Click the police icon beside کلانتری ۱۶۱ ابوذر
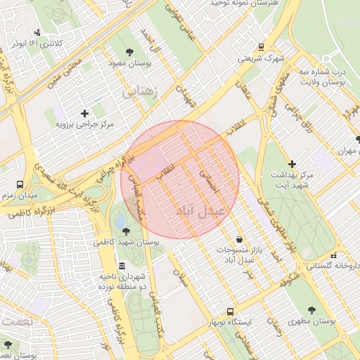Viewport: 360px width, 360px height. tap(37, 32)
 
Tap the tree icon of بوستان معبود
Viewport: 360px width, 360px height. tap(129, 52)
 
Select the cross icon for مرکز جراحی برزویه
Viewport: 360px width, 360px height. tap(85, 112)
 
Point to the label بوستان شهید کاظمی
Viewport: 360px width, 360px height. tap(127, 242)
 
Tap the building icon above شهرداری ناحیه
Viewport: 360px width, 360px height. tap(122, 266)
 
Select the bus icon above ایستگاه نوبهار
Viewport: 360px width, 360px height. tap(230, 311)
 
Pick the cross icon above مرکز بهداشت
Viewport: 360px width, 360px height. tap(292, 163)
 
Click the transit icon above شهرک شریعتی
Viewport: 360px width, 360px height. tap(261, 47)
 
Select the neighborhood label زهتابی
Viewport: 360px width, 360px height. tap(142, 91)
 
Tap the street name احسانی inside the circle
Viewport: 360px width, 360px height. tap(210, 181)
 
